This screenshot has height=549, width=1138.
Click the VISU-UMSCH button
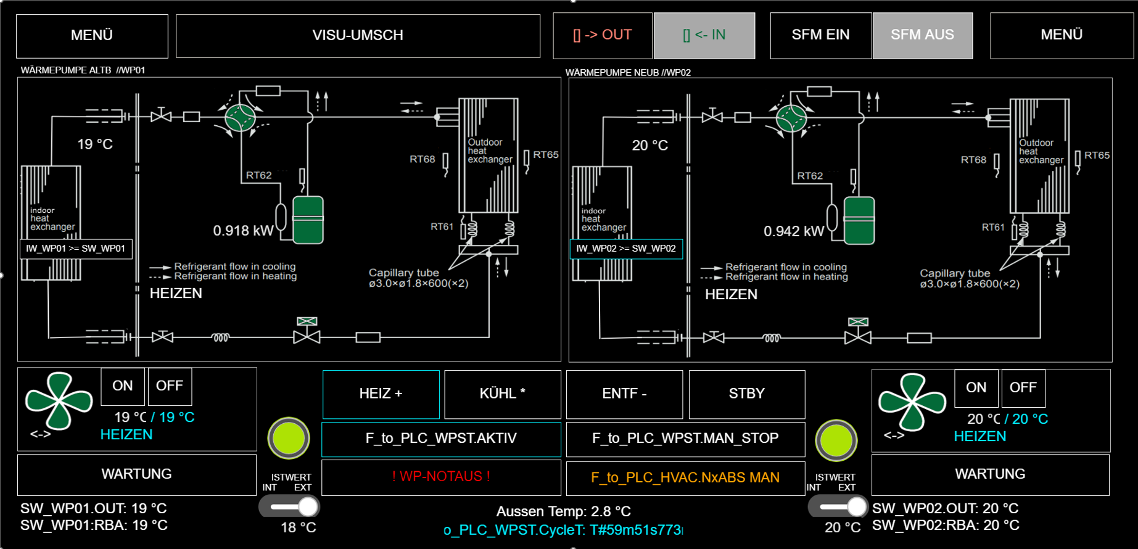[x=358, y=36]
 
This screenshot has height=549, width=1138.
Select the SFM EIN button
[x=820, y=35]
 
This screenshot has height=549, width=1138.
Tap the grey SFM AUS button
[x=922, y=35]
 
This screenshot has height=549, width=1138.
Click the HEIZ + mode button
[x=381, y=394]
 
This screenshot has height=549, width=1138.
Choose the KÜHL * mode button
[x=502, y=394]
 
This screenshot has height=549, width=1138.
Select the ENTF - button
[x=624, y=394]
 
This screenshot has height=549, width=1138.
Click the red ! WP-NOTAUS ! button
[x=441, y=477]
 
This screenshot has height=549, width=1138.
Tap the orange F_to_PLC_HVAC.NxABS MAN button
[x=685, y=477]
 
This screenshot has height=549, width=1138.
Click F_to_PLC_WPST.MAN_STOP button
[x=685, y=439]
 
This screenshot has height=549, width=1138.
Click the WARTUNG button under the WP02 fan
[x=990, y=474]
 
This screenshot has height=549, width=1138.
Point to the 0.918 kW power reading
[x=243, y=231]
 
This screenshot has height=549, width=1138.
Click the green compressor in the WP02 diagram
[x=859, y=220]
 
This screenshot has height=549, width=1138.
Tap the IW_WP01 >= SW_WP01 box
[x=76, y=249]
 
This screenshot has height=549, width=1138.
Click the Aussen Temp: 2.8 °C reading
[x=563, y=511]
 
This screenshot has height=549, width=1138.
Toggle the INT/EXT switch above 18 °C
[x=289, y=507]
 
